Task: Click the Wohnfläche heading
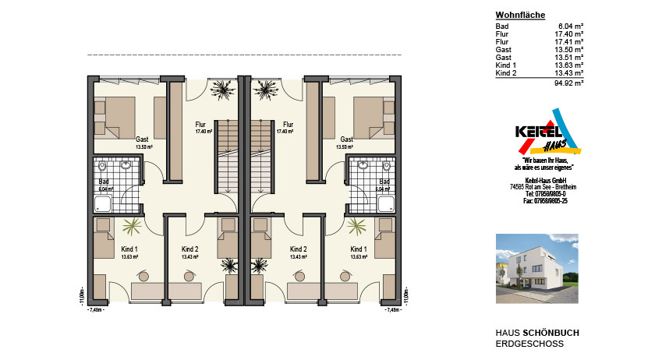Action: point(520,16)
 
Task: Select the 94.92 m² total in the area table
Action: point(569,82)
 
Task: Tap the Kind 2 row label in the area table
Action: point(506,72)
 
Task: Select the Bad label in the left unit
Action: point(105,182)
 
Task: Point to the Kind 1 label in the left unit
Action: point(129,249)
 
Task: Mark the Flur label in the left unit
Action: point(200,124)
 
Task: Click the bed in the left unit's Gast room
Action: point(114,115)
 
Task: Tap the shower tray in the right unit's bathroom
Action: point(386,204)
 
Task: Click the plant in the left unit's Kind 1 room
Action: point(133,225)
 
